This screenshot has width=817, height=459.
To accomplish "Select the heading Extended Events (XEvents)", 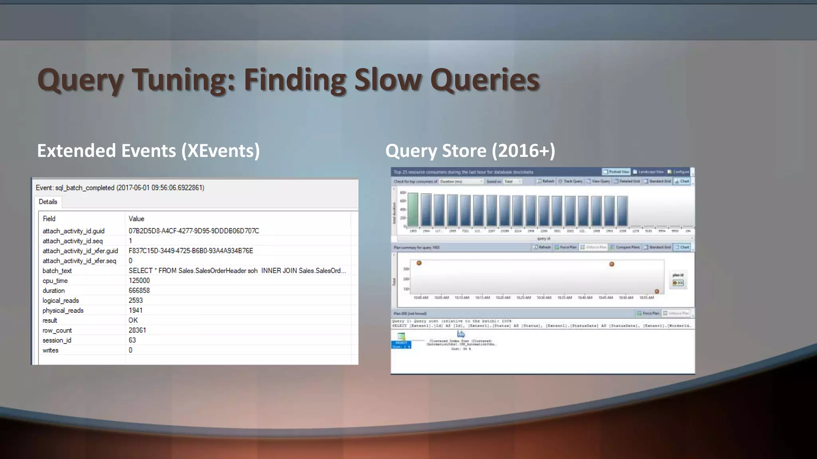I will click(148, 151).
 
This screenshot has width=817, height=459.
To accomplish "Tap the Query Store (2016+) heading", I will click(470, 151).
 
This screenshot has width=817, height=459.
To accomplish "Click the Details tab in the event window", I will click(48, 202).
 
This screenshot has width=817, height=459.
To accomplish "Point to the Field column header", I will click(49, 219).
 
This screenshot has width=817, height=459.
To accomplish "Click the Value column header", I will click(136, 219).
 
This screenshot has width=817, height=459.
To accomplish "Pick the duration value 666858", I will click(139, 290).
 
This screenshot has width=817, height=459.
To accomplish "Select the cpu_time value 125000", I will click(139, 280).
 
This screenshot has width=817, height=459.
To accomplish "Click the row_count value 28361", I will click(137, 330).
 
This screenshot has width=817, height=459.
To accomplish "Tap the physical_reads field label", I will click(63, 310).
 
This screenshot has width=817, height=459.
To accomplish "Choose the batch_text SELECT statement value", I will click(237, 271).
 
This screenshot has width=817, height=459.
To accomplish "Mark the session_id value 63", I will click(132, 340).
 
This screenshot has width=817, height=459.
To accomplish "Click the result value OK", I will click(133, 320).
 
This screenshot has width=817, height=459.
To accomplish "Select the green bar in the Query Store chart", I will click(413, 210).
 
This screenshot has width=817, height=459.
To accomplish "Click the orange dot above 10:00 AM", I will click(419, 263).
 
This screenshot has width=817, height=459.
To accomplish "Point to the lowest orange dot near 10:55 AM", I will click(657, 291).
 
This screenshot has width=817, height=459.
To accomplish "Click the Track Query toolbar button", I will click(570, 181).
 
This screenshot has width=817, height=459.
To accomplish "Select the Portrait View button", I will click(616, 172).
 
